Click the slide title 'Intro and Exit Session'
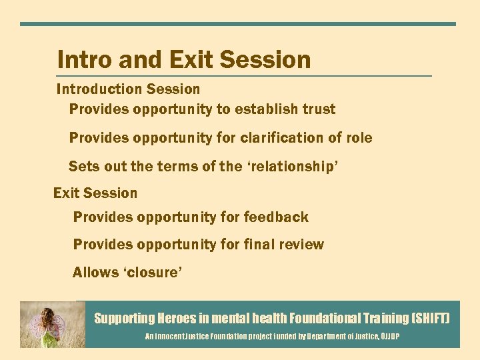coord(184,60)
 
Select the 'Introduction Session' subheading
coord(128,89)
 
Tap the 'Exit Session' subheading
coord(95,193)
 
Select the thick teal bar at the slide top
coord(238,24)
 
